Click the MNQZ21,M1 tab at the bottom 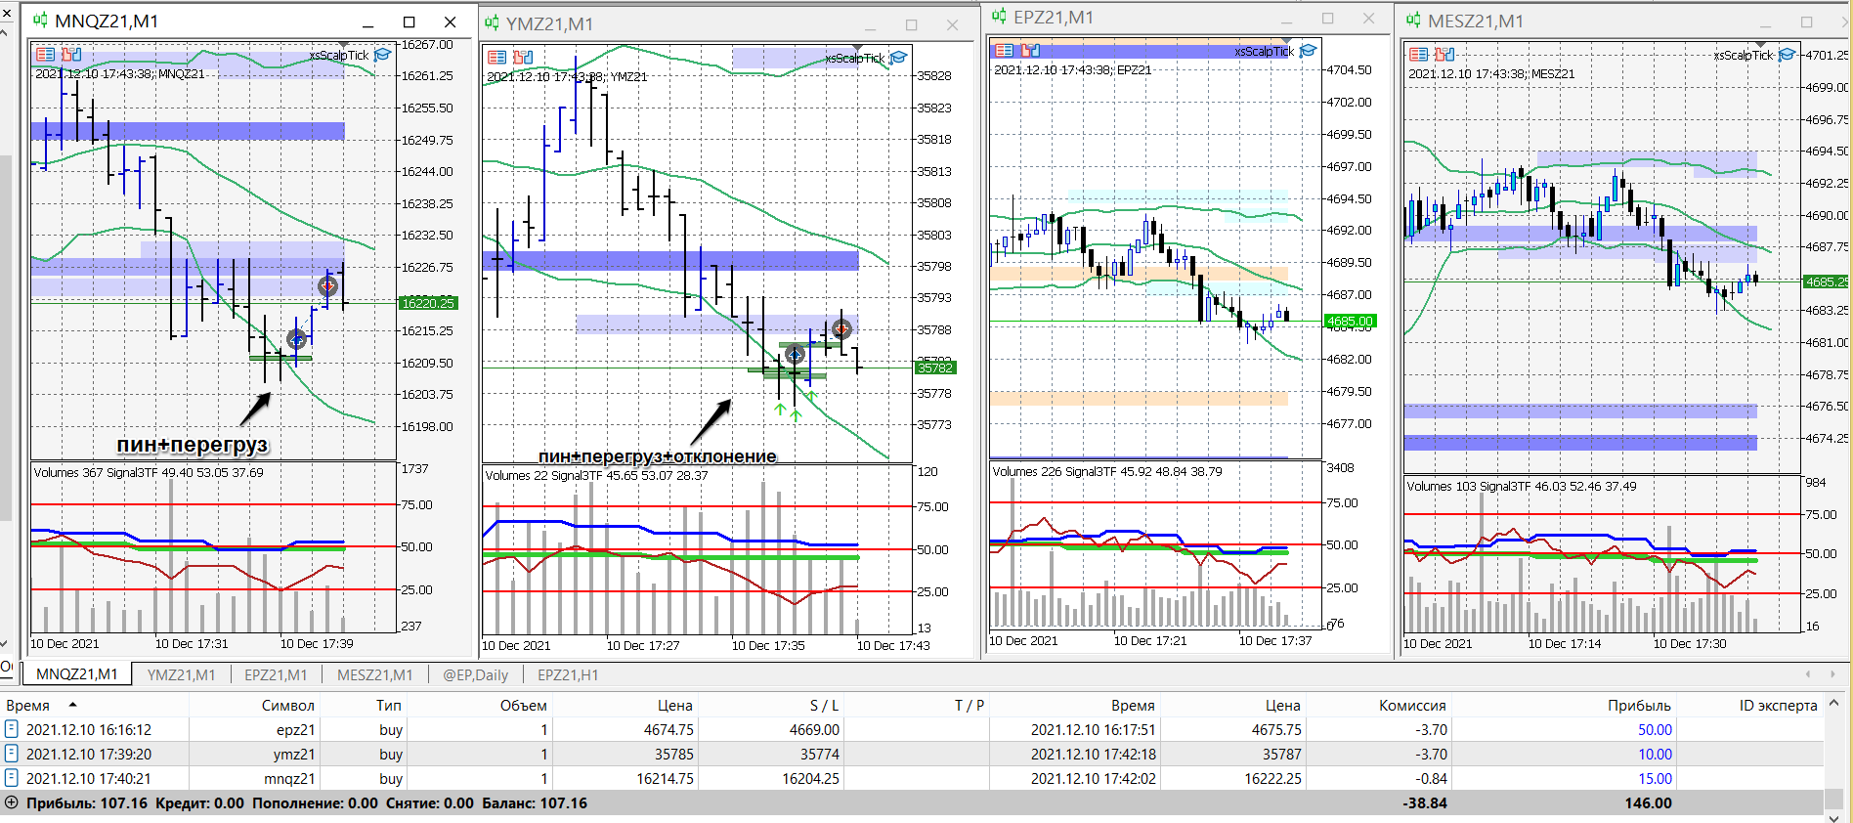pyautogui.click(x=76, y=674)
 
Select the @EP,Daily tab pyautogui.click(x=475, y=674)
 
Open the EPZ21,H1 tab pyautogui.click(x=568, y=674)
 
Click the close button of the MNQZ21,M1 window pyautogui.click(x=450, y=22)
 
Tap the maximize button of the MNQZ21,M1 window pyautogui.click(x=409, y=22)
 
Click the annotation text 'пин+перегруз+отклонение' pyautogui.click(x=657, y=455)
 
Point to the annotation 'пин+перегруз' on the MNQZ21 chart pyautogui.click(x=192, y=445)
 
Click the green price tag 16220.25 pyautogui.click(x=428, y=303)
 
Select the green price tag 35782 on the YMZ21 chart pyautogui.click(x=934, y=368)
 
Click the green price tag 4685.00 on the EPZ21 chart pyautogui.click(x=1350, y=321)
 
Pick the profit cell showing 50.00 pyautogui.click(x=1655, y=729)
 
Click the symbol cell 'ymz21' pyautogui.click(x=294, y=754)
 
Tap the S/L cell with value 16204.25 pyautogui.click(x=810, y=778)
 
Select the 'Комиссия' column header pyautogui.click(x=1411, y=705)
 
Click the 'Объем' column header pyautogui.click(x=523, y=705)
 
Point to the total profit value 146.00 pyautogui.click(x=1648, y=802)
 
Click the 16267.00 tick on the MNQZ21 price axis pyautogui.click(x=428, y=45)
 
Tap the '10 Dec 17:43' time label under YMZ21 pyautogui.click(x=893, y=645)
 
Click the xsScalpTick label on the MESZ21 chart pyautogui.click(x=1743, y=56)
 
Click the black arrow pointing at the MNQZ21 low pyautogui.click(x=255, y=408)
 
